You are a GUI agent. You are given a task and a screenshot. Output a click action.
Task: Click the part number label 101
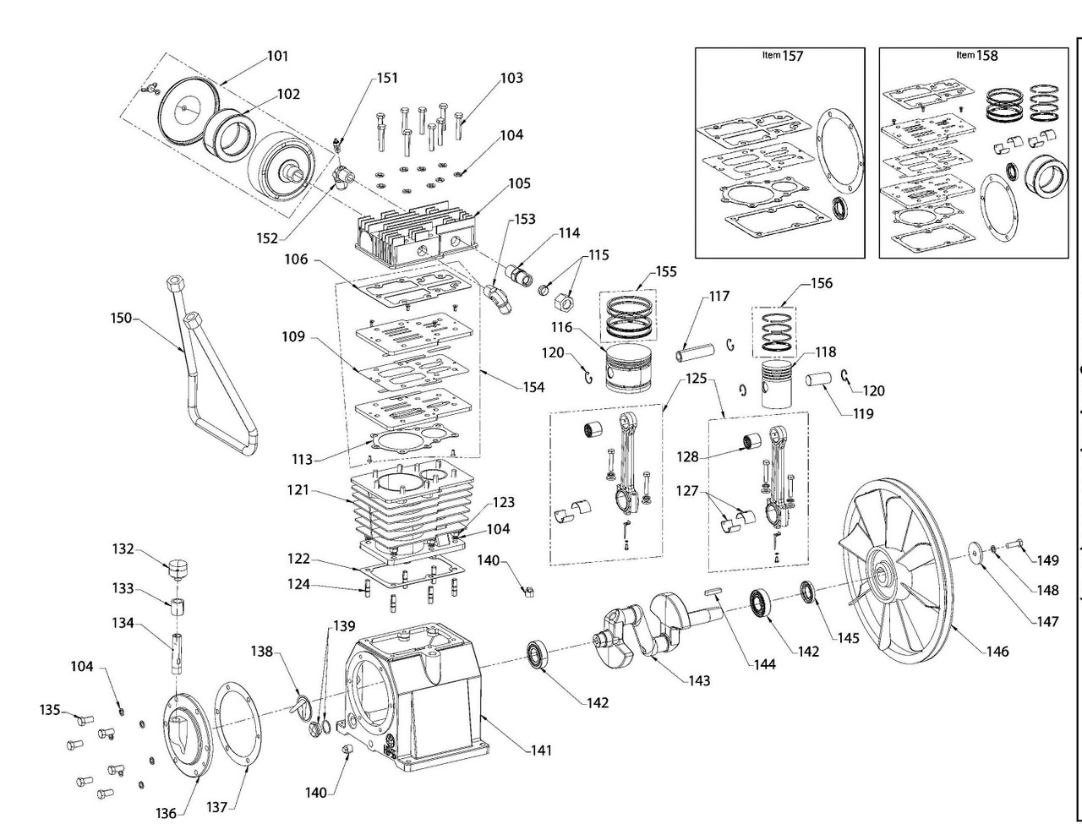coord(277,57)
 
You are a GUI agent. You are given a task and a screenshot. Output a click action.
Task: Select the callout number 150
coord(122,318)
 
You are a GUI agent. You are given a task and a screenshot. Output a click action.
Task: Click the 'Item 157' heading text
coord(780,56)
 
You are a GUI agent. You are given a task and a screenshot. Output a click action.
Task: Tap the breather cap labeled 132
coord(176,568)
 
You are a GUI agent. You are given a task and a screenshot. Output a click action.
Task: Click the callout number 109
coord(293,337)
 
